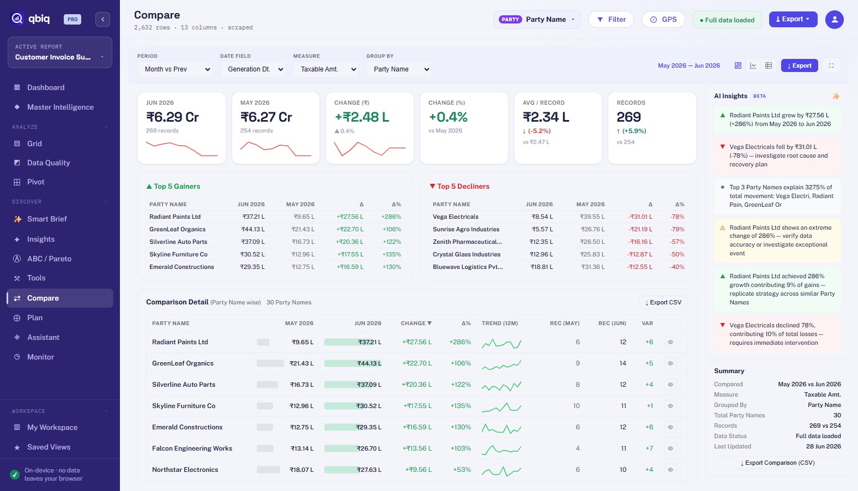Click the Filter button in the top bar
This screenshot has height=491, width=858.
[611, 20]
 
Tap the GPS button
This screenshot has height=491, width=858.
[663, 20]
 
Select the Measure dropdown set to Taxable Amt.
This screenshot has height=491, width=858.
[326, 69]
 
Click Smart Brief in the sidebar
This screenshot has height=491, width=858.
[47, 219]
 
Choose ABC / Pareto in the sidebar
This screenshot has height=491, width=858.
[49, 259]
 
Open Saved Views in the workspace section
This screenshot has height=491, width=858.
[49, 447]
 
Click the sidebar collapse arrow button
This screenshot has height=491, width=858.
[102, 20]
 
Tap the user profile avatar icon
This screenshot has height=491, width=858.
[835, 20]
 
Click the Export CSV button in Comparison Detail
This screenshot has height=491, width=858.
[663, 302]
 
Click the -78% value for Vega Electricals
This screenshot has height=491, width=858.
[677, 217]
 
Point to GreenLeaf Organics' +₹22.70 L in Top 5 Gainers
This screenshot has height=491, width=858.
[350, 229]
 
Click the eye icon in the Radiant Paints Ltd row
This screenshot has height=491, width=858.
[670, 342]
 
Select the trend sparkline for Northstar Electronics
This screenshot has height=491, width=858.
[501, 470]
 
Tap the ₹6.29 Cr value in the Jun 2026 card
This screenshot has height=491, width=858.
[172, 117]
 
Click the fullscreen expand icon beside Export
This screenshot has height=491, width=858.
[832, 65]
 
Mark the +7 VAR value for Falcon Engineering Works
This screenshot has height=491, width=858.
[649, 448]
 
